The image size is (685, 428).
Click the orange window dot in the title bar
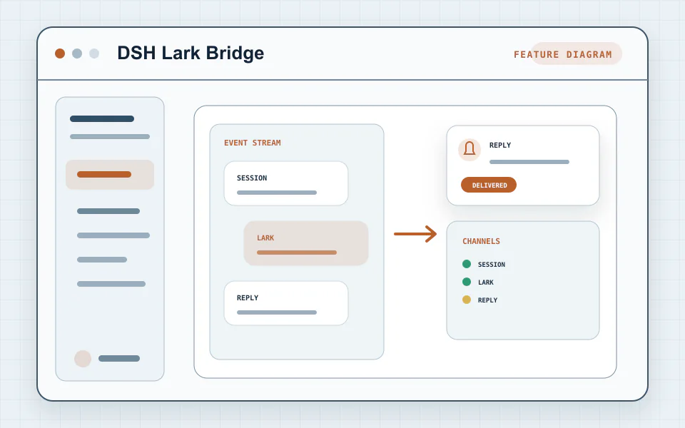pyautogui.click(x=60, y=53)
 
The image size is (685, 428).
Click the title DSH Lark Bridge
pyautogui.click(x=191, y=53)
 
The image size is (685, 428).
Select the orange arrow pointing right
pyautogui.click(x=415, y=234)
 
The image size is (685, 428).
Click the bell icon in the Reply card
pyautogui.click(x=470, y=149)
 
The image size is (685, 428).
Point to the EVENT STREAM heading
pyautogui.click(x=253, y=143)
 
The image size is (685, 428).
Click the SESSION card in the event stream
pyautogui.click(x=286, y=183)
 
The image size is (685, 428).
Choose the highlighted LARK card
pyautogui.click(x=306, y=243)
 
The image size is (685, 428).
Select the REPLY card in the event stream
pyautogui.click(x=286, y=303)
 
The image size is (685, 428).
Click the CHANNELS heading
pyautogui.click(x=482, y=241)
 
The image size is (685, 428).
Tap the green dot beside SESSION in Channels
pyautogui.click(x=467, y=264)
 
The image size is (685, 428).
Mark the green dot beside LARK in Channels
pyautogui.click(x=467, y=282)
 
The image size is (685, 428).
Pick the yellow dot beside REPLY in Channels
pyautogui.click(x=467, y=300)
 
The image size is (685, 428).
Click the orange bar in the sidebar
pyautogui.click(x=104, y=174)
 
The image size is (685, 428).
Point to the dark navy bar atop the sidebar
pyautogui.click(x=102, y=119)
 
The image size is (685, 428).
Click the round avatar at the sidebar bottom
pyautogui.click(x=83, y=359)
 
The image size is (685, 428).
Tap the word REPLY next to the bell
pyautogui.click(x=500, y=145)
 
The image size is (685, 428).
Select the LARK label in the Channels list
pyautogui.click(x=486, y=282)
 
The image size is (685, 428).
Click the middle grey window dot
pyautogui.click(x=77, y=53)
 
